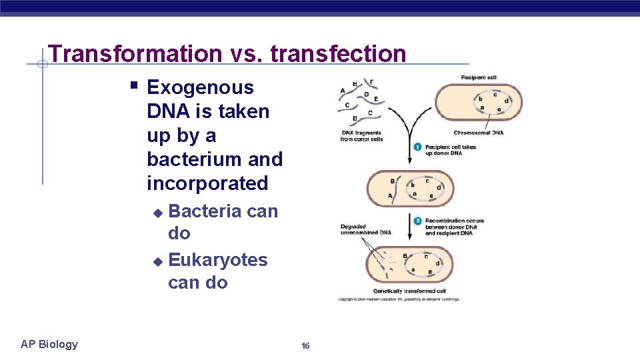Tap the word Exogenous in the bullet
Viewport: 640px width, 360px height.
(x=200, y=87)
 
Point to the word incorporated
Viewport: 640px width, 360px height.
(x=207, y=183)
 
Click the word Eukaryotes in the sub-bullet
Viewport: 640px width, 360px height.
(x=218, y=259)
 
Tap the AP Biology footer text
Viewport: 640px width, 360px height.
(x=49, y=344)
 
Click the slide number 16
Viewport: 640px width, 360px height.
(x=305, y=346)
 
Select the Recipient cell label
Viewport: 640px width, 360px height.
(x=479, y=78)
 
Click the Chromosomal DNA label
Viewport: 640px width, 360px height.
(x=478, y=133)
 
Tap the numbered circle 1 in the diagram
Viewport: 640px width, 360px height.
(x=417, y=147)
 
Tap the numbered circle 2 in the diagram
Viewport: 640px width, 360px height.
(x=417, y=221)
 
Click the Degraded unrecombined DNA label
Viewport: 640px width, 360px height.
(x=365, y=230)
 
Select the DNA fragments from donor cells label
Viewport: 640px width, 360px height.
(x=362, y=136)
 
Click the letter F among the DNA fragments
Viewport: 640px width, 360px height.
(x=371, y=83)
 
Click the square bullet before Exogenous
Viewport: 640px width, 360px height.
(x=134, y=86)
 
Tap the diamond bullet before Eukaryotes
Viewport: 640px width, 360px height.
(x=157, y=261)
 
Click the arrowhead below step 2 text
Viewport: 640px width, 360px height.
(x=409, y=241)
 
